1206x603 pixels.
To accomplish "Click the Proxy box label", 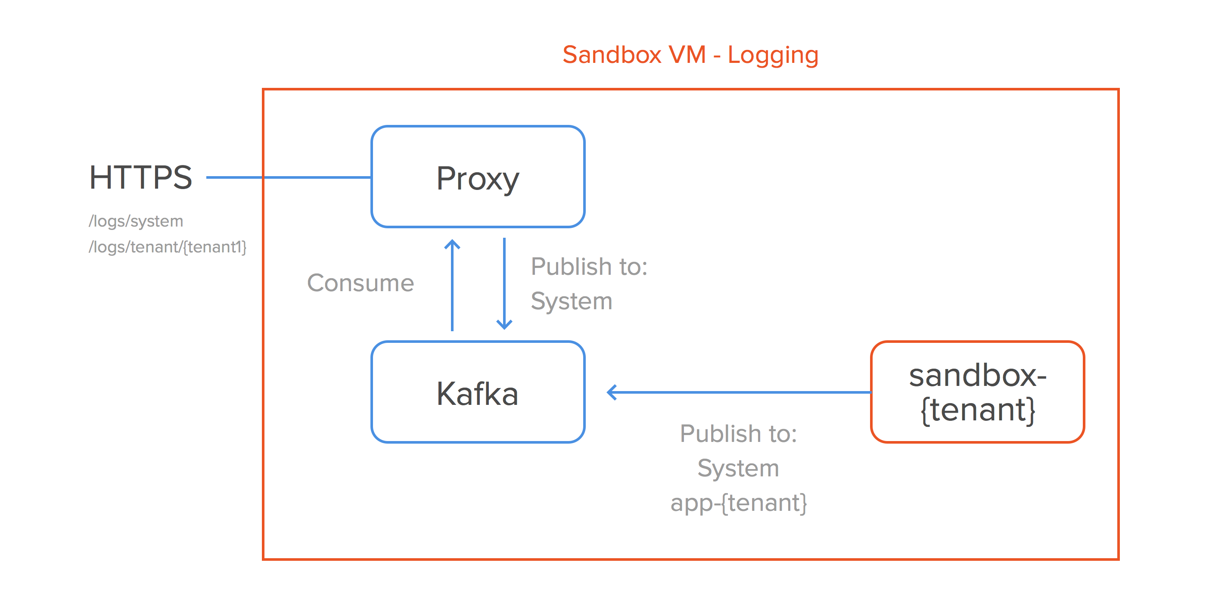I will pos(478,178).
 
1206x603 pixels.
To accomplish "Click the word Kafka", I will pos(477,394).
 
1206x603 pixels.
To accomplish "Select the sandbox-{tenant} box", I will pos(978,392).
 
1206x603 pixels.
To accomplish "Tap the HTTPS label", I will pos(140,177).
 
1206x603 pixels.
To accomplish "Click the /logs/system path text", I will pos(136,221).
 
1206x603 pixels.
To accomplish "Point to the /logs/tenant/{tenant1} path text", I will pos(167,247).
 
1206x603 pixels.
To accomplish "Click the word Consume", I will pos(360,283).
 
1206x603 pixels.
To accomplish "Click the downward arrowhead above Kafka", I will pos(504,324).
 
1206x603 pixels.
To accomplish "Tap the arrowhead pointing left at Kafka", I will pos(612,392).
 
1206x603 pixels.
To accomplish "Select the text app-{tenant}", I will pos(738,503).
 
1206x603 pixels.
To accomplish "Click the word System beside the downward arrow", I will pos(571,301).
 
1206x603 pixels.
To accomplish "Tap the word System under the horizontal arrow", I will pos(738,468).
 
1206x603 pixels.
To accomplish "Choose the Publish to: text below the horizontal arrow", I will pos(738,434).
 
